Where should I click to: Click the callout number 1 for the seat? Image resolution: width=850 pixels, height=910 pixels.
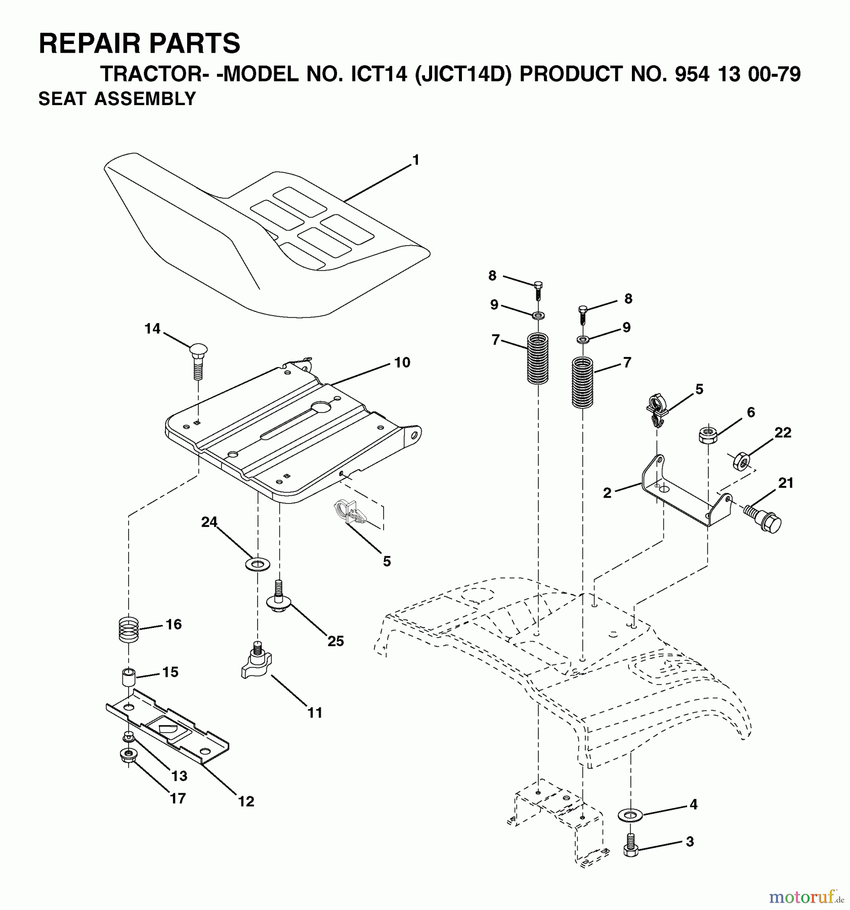[x=415, y=160]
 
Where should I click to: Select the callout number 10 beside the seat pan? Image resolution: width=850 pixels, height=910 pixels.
[x=402, y=362]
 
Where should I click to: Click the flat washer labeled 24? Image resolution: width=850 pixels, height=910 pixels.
[x=257, y=563]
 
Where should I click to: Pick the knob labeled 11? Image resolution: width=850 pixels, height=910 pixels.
[x=257, y=658]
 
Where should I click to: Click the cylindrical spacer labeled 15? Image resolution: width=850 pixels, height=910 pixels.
[x=129, y=676]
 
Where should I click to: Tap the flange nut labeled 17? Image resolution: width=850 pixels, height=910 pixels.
[x=127, y=755]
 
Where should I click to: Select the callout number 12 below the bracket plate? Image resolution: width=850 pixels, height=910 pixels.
[x=246, y=801]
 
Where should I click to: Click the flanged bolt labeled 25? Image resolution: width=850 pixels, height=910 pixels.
[x=277, y=597]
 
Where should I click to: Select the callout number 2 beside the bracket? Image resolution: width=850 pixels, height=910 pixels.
[x=607, y=493]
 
